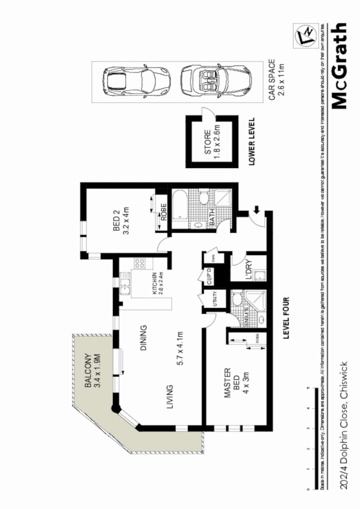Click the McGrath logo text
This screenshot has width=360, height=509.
340,66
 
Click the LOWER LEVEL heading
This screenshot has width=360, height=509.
250,142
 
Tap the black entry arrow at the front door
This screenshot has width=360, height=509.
256,209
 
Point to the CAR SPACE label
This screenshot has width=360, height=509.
275,80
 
